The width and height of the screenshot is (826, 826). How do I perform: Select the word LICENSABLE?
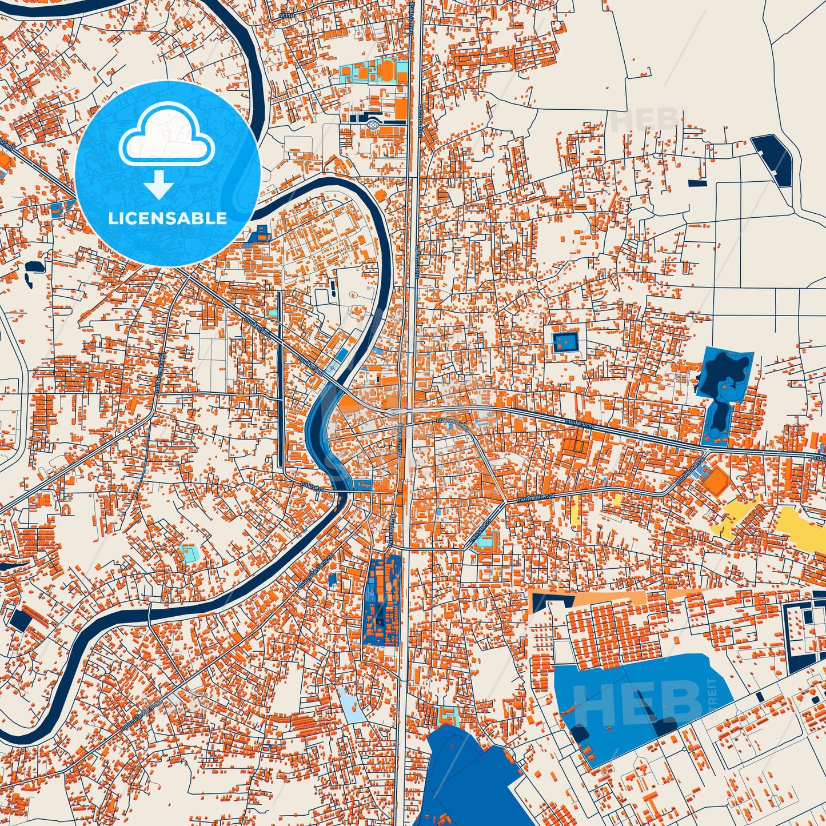tap(167, 218)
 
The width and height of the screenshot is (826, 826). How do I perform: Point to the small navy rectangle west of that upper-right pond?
tap(697, 183)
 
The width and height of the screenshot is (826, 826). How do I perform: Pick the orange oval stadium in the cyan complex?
tap(386, 71)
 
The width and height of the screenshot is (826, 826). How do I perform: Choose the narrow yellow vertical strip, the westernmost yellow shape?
tap(575, 509)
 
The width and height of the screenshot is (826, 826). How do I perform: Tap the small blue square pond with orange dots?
tap(565, 342)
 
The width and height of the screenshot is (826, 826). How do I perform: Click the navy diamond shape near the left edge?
tap(20, 620)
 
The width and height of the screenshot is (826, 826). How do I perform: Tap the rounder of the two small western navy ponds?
tap(30, 266)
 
